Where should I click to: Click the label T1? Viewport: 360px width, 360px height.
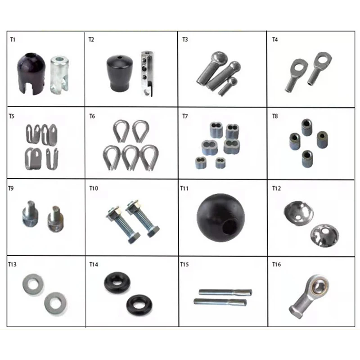pyautogui.click(x=13, y=40)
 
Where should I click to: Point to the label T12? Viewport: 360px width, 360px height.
pyautogui.click(x=276, y=188)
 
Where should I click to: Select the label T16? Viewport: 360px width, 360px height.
pyautogui.click(x=276, y=265)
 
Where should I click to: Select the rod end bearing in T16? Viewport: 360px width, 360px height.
pyautogui.click(x=310, y=295)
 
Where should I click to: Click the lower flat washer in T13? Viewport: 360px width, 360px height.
pyautogui.click(x=55, y=303)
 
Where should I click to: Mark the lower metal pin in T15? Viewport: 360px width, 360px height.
pyautogui.click(x=220, y=302)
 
